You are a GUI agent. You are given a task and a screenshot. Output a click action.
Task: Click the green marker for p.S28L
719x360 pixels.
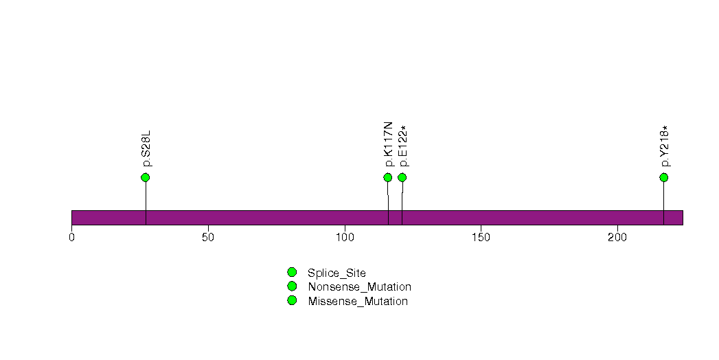[x=146, y=177]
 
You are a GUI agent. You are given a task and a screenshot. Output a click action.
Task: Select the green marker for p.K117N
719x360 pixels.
[x=387, y=177]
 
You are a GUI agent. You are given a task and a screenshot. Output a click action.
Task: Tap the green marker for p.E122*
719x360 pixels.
[x=402, y=177]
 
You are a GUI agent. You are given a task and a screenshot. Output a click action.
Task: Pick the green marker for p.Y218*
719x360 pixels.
[x=663, y=177]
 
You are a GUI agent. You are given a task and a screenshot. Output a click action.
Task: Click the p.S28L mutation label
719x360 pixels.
[x=146, y=148]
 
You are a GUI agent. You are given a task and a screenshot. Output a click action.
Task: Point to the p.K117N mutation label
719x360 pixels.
[x=389, y=144]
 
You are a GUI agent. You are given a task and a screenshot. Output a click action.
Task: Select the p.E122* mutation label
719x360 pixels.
[x=404, y=146]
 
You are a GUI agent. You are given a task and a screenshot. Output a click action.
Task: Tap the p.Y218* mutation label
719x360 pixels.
[x=665, y=146]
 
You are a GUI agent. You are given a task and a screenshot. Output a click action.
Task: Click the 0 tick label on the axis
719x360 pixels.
[x=71, y=237]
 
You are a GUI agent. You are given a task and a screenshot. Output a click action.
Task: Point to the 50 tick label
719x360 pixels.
[x=208, y=237]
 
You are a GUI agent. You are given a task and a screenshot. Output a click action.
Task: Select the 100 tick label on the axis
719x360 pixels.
[x=344, y=237]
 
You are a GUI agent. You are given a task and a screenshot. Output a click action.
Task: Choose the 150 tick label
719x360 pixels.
[x=481, y=237]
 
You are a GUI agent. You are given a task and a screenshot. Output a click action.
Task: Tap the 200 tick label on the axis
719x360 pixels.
[x=617, y=237]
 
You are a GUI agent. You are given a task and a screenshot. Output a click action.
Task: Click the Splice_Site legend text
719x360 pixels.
[x=337, y=273]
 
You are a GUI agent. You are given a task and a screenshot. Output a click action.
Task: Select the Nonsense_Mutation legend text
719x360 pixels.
[x=360, y=287]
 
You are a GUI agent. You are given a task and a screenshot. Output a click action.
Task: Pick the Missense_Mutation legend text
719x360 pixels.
[x=358, y=302]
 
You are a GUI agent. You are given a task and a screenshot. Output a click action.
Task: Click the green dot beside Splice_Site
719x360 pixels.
[x=292, y=273]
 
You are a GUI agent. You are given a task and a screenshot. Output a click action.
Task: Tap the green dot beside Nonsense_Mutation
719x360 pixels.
[x=292, y=286]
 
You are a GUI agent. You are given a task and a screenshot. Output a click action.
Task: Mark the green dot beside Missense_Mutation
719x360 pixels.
[x=292, y=300]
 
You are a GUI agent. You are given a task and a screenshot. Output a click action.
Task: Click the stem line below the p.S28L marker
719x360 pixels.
[x=146, y=203]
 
